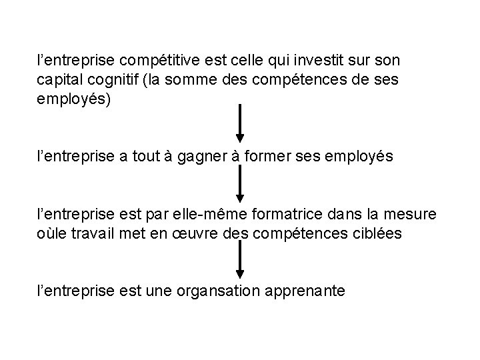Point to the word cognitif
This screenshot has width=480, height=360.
pyautogui.click(x=117, y=80)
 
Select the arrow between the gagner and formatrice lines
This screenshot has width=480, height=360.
pyautogui.click(x=240, y=184)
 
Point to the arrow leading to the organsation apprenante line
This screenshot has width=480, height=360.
pyautogui.click(x=240, y=260)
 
